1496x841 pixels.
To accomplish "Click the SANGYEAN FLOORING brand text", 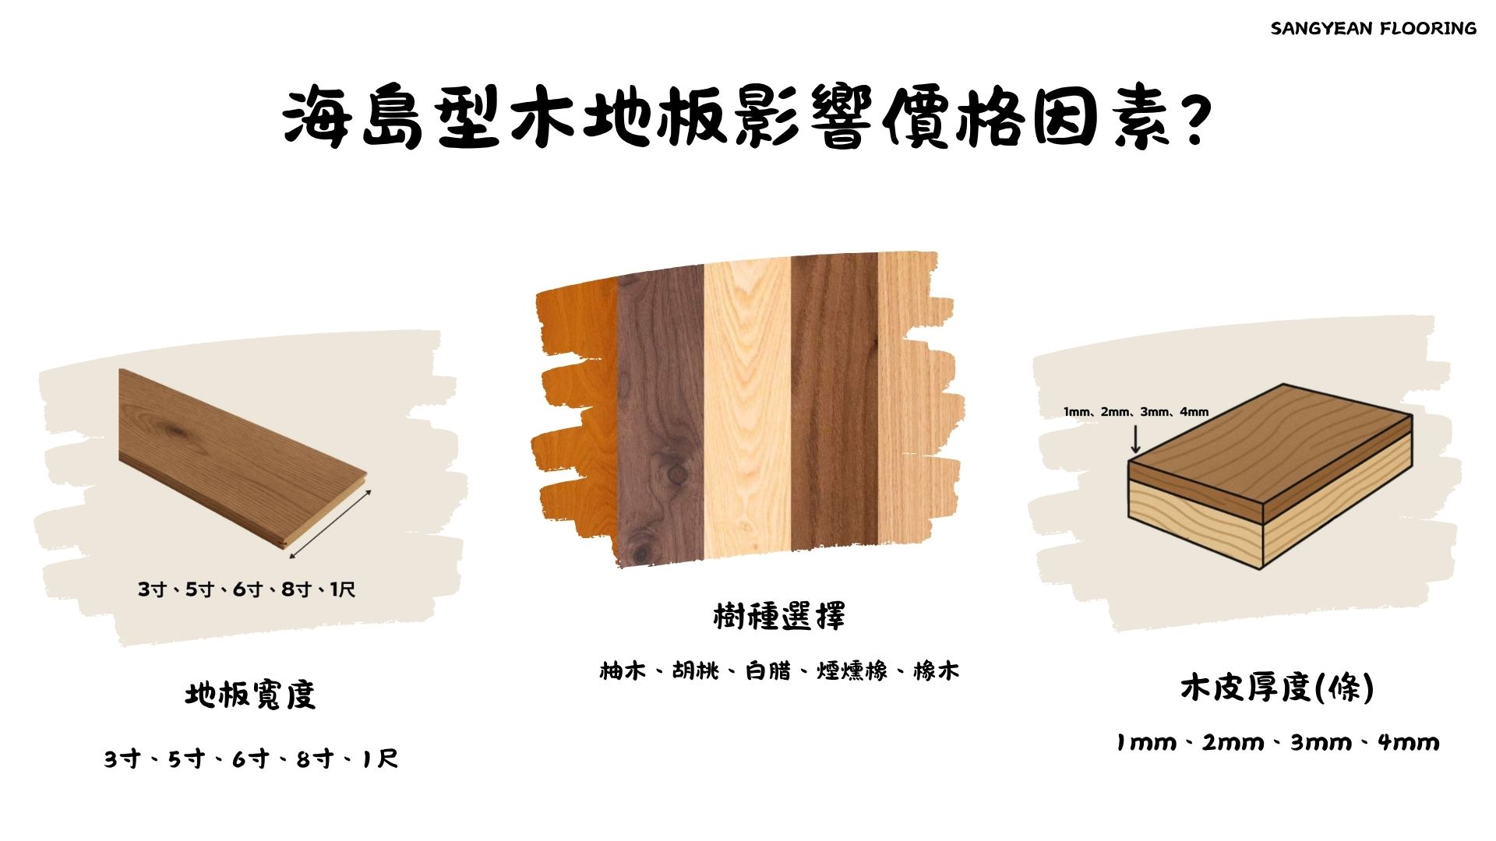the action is click(x=1373, y=29).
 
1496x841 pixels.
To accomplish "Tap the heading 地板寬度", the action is click(x=251, y=695).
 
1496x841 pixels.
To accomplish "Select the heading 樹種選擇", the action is click(x=779, y=616).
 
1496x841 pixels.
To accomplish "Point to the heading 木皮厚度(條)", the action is click(x=1277, y=688).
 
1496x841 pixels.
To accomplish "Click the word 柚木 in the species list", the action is click(x=623, y=670).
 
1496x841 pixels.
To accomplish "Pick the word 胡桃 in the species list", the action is click(x=695, y=670).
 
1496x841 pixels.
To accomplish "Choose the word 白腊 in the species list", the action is click(x=767, y=670).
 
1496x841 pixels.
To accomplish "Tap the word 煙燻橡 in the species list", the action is click(x=852, y=670).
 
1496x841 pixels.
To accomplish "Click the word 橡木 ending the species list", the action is click(x=936, y=670).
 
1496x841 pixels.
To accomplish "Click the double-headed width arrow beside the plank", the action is click(x=330, y=524).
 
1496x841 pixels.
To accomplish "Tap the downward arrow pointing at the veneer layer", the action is click(x=1135, y=438).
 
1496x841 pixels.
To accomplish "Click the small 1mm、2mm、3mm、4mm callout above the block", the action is click(x=1136, y=412).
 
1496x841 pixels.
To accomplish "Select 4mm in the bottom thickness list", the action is click(x=1409, y=742).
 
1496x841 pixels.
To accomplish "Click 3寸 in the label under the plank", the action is click(x=153, y=589).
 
